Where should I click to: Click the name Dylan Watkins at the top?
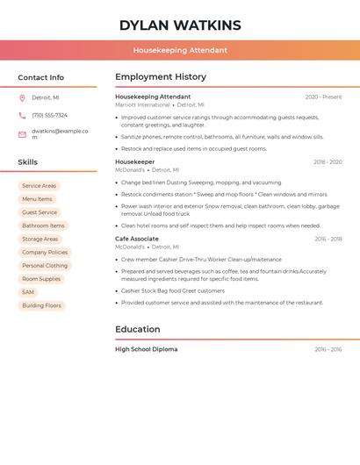point(180,25)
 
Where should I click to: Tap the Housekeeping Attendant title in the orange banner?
point(180,50)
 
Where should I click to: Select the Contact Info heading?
point(40,77)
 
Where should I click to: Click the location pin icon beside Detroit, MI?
point(22,97)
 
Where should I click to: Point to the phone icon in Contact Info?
point(22,115)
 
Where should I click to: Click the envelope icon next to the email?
point(22,133)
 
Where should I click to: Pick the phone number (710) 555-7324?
point(49,115)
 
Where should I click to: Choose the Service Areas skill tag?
point(39,186)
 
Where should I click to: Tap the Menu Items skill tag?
point(37,199)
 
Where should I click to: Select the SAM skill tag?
point(28,292)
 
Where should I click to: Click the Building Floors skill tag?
point(42,305)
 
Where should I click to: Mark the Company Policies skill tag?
point(45,252)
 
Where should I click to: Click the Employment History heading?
point(161,77)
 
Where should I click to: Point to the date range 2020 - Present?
point(323,97)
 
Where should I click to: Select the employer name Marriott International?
point(142,104)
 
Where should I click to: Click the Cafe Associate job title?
point(137,239)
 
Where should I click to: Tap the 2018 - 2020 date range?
point(328,162)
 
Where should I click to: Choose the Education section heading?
point(138,330)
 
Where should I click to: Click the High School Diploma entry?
point(146,349)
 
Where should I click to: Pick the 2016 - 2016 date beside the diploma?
point(328,349)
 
